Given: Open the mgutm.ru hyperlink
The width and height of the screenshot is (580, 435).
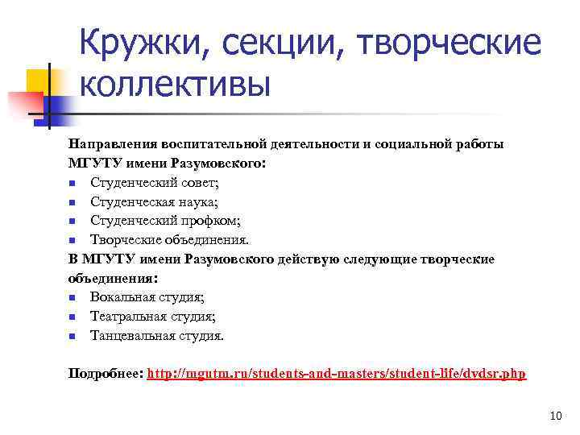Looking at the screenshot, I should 337,375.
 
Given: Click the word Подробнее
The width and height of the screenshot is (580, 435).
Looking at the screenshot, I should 106,375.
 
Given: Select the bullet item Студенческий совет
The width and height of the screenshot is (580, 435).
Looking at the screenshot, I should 148,182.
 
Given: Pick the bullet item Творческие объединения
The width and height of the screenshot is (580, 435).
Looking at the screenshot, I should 169,239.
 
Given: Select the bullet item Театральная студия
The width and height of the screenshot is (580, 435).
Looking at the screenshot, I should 152,317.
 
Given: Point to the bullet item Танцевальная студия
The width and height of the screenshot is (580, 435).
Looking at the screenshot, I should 156,336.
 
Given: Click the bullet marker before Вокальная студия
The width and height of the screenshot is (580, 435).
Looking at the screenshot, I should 72,298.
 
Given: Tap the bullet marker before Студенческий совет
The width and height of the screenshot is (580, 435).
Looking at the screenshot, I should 72,183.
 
